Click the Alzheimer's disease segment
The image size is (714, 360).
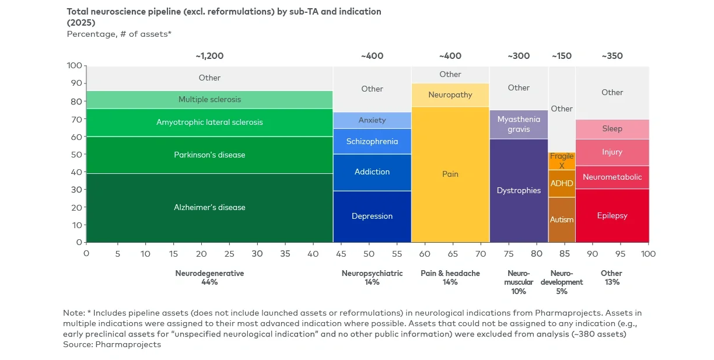209,208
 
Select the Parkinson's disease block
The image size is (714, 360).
209,155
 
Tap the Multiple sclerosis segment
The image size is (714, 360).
209,100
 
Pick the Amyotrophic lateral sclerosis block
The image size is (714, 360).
209,123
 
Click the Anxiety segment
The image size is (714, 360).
372,120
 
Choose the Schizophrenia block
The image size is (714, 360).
372,142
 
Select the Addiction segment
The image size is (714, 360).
372,172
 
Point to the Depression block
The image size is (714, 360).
372,216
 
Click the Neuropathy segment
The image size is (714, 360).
450,95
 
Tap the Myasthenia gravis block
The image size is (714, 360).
519,124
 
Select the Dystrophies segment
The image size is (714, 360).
519,191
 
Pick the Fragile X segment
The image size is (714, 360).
562,161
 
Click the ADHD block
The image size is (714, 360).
562,184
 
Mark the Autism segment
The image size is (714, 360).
562,220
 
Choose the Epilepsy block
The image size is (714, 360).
612,216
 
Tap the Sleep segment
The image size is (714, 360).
612,129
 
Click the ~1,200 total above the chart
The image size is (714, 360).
209,56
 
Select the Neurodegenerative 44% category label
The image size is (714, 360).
209,278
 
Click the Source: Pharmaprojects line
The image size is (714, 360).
112,345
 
